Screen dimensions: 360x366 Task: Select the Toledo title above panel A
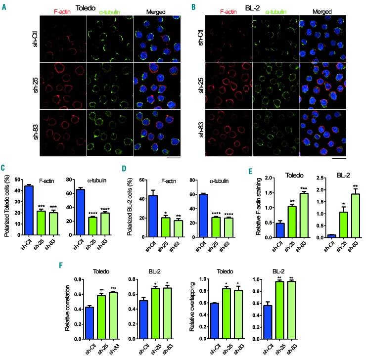pyautogui.click(x=102, y=7)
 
